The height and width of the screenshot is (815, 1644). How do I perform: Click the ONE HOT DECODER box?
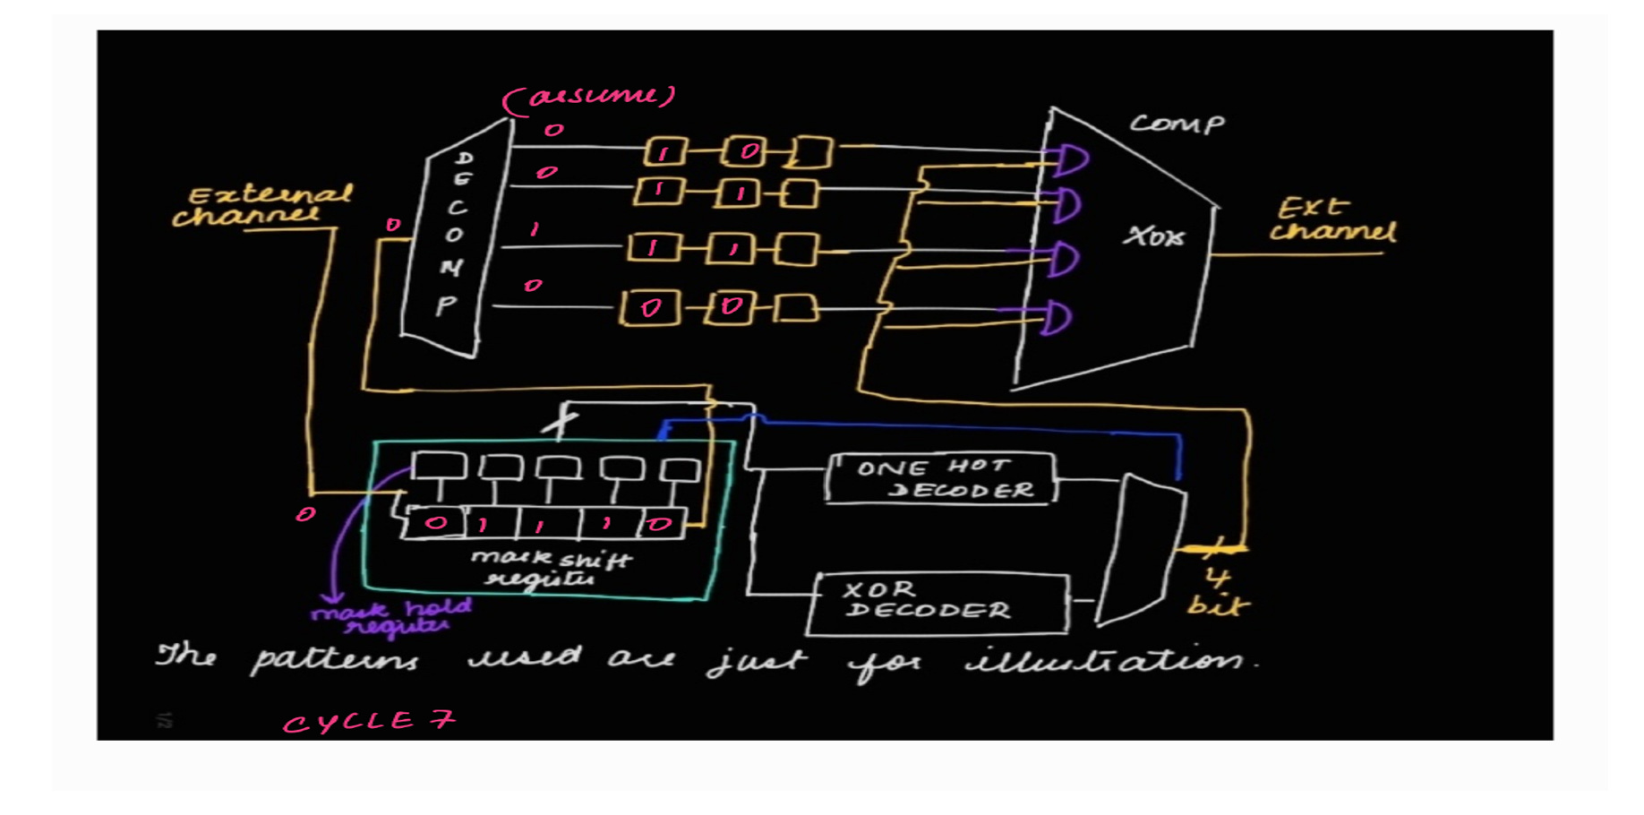940,478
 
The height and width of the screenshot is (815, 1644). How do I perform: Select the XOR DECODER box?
938,602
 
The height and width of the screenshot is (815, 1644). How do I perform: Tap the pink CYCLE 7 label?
368,721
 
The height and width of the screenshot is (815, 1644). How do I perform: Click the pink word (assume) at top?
590,97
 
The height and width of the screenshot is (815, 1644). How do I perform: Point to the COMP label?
1176,124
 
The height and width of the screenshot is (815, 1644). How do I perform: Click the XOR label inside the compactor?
1154,236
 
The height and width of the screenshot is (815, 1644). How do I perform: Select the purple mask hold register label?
390,616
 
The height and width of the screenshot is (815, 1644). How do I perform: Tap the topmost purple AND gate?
1070,159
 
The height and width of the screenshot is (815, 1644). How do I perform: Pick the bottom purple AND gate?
1056,317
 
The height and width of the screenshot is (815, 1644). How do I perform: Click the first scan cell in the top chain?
665,151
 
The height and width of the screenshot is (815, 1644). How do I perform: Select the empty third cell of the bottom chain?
796,308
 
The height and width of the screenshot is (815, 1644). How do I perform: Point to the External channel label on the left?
263,206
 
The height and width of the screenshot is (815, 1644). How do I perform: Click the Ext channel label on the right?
1331,220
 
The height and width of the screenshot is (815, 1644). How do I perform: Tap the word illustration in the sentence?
1110,661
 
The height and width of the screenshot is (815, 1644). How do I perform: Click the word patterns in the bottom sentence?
333,661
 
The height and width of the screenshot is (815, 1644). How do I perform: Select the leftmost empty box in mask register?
438,467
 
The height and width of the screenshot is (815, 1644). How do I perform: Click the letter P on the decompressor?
446,306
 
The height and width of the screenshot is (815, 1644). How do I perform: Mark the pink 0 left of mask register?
305,514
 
